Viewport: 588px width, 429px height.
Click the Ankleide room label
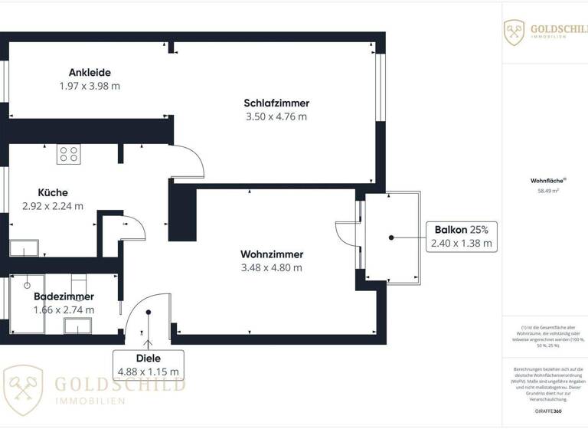[89, 73]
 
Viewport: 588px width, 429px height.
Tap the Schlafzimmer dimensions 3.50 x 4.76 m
[276, 116]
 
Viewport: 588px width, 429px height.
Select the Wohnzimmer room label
[272, 254]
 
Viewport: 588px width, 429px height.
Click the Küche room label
[53, 192]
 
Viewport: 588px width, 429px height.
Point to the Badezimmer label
[64, 296]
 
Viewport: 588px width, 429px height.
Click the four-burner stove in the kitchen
[69, 154]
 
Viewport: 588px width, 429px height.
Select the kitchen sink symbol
[24, 248]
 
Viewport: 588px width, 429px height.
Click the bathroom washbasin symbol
[77, 327]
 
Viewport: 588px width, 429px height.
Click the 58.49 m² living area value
[545, 192]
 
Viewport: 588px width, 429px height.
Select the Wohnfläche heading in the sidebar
[544, 181]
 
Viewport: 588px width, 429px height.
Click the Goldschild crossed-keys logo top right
[514, 32]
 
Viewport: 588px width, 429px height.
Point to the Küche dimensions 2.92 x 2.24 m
[53, 206]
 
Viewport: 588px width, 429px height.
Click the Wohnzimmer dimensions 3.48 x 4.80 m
[272, 268]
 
